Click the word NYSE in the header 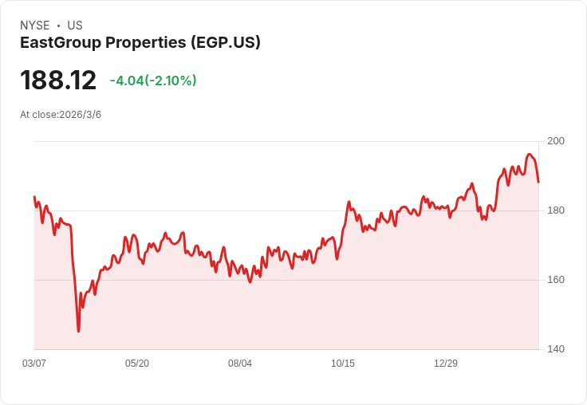pos(35,26)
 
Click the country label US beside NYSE pos(75,26)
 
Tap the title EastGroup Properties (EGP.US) pos(140,42)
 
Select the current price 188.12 pos(58,80)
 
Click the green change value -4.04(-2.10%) pos(153,81)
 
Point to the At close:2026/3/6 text pos(61,115)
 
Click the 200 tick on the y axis pos(556,141)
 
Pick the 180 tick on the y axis pos(556,210)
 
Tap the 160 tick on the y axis pos(556,280)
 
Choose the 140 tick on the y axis pos(556,349)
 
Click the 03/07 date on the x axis pos(34,363)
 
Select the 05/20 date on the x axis pos(137,363)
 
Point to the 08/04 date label pos(240,363)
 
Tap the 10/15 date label pos(343,363)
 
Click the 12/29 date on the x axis pos(446,363)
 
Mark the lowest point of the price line pos(78,331)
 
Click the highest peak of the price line pos(529,154)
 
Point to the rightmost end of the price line pos(538,182)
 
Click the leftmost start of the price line pos(34,196)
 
